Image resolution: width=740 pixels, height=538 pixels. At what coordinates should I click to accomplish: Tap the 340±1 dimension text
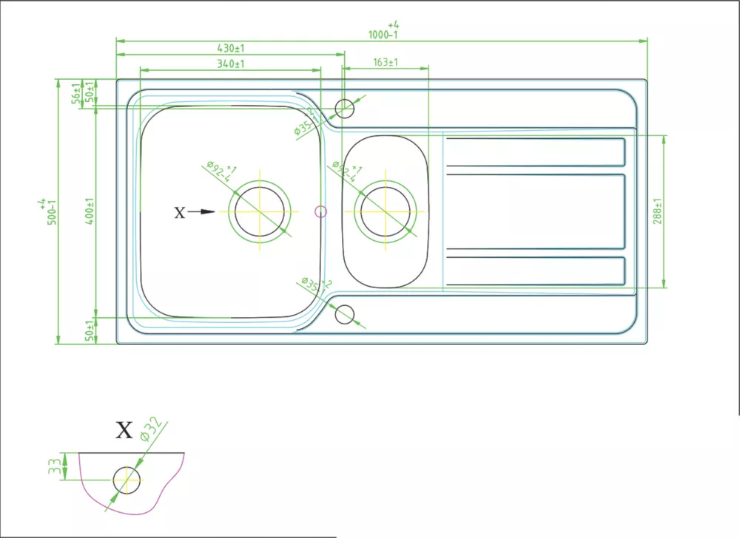230,64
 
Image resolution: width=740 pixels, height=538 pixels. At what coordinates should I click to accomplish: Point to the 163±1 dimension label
386,63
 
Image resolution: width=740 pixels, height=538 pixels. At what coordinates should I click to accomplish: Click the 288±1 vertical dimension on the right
657,211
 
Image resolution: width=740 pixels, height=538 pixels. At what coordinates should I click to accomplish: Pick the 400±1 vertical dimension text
89,211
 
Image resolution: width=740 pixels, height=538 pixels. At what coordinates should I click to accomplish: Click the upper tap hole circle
345,109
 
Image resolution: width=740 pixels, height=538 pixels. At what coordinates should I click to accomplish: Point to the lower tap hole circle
345,314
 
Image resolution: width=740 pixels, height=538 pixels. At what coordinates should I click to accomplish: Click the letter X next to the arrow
179,213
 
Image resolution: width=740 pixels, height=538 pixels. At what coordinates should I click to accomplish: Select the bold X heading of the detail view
124,430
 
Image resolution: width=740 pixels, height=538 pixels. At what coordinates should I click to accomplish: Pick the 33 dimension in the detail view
54,466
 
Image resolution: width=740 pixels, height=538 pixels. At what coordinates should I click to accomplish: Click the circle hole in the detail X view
127,479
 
